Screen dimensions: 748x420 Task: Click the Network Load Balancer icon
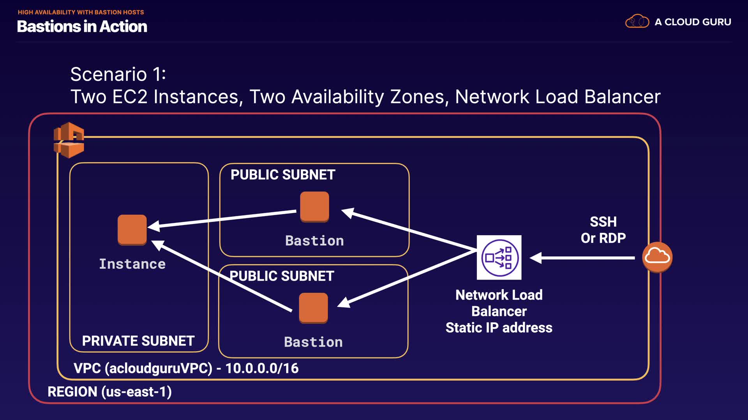[499, 257]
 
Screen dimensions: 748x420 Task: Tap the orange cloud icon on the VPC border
[657, 257]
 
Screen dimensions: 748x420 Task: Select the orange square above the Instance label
[132, 230]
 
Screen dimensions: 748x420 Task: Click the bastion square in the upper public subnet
[314, 207]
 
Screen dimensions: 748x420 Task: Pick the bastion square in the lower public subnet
[313, 308]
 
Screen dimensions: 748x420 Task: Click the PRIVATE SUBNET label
[138, 341]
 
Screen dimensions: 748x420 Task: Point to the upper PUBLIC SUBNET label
[283, 175]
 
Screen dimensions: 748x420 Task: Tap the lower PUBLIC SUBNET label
[282, 276]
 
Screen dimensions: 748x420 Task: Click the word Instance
[132, 264]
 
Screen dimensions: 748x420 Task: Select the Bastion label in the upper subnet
[314, 241]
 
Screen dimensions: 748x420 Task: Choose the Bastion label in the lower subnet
[313, 342]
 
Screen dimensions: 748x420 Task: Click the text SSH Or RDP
[603, 230]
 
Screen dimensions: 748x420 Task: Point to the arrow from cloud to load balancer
[582, 257]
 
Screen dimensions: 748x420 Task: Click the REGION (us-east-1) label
[109, 392]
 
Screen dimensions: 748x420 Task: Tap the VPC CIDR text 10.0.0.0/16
[262, 368]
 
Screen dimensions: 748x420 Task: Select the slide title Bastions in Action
[82, 26]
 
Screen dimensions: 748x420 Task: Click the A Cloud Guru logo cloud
[637, 21]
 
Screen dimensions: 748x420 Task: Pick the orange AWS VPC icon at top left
[69, 140]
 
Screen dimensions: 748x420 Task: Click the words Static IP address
[499, 328]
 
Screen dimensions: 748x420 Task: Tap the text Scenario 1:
[118, 74]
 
